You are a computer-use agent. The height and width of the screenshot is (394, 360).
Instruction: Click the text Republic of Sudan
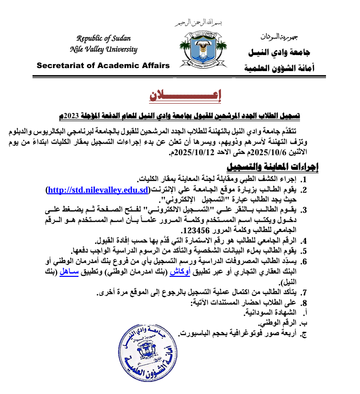click(x=103, y=39)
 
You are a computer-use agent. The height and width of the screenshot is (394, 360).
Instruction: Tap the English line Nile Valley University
click(x=103, y=49)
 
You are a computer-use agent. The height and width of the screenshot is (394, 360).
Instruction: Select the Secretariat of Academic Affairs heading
click(x=103, y=66)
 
